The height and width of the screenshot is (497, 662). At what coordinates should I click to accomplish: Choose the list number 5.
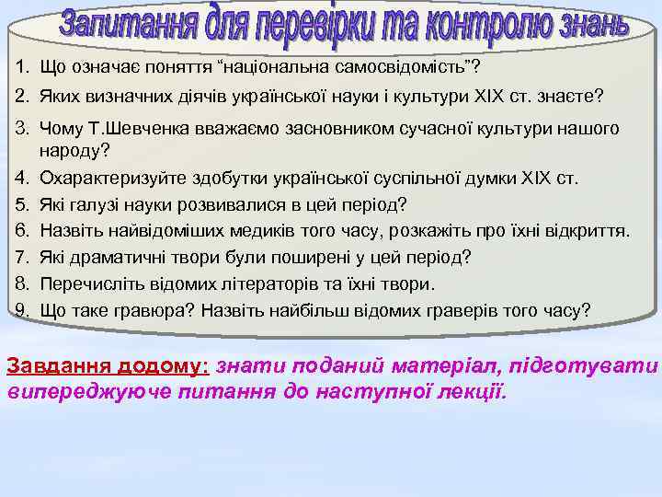point(18,203)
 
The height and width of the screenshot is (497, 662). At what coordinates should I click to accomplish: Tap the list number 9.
point(18,311)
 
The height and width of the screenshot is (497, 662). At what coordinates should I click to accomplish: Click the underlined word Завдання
point(59,365)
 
